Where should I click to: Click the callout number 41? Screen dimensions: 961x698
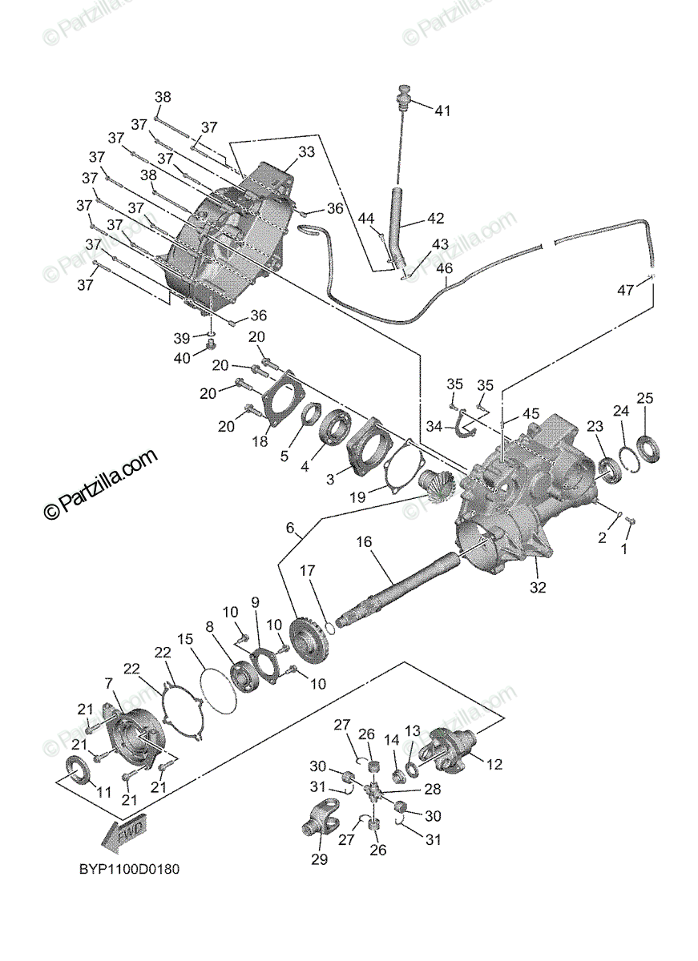click(x=442, y=111)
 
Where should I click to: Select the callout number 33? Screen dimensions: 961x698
click(x=284, y=151)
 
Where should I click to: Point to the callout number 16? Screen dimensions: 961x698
click(x=365, y=542)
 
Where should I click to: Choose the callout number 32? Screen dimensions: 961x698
click(x=537, y=587)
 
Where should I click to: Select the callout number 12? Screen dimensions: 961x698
click(x=494, y=765)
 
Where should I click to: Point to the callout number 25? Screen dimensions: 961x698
click(x=645, y=398)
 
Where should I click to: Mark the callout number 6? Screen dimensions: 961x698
click(x=290, y=528)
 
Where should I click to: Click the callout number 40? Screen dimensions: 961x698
click(x=182, y=358)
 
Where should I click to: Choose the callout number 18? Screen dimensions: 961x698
click(x=260, y=441)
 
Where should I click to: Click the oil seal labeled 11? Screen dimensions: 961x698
click(x=78, y=770)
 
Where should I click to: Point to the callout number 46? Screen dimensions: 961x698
click(x=444, y=268)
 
